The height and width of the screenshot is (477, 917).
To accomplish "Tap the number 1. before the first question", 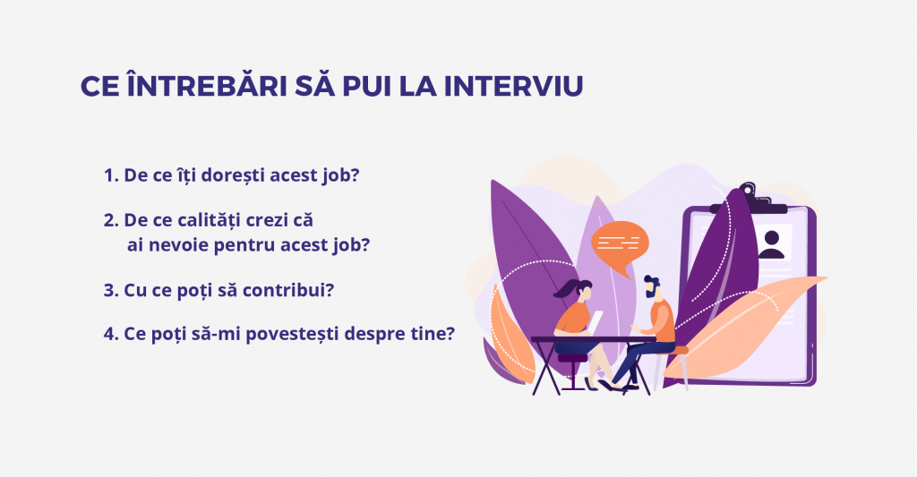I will [112, 175].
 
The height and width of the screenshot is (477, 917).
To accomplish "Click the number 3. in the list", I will [112, 290].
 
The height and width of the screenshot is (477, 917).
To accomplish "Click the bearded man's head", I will [653, 288].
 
